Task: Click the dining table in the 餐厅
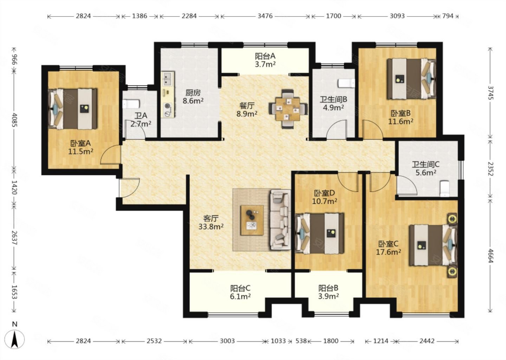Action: coord(287,109)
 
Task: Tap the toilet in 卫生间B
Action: coord(346,83)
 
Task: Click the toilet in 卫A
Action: coord(131,104)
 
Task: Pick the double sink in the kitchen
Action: coord(168,78)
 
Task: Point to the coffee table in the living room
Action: coord(252,220)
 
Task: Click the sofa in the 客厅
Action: coord(280,219)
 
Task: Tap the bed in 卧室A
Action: coord(73,109)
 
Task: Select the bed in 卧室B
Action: coord(411,79)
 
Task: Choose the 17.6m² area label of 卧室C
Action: coord(388,252)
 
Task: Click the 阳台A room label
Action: coord(265,56)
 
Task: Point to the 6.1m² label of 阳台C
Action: coord(240,296)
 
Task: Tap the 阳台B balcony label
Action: coord(328,288)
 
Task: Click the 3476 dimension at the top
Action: coord(265,16)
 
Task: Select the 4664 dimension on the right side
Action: coord(490,255)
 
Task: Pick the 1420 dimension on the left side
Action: coord(14,187)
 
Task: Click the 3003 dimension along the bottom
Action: coord(227,341)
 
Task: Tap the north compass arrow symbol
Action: coord(15,339)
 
